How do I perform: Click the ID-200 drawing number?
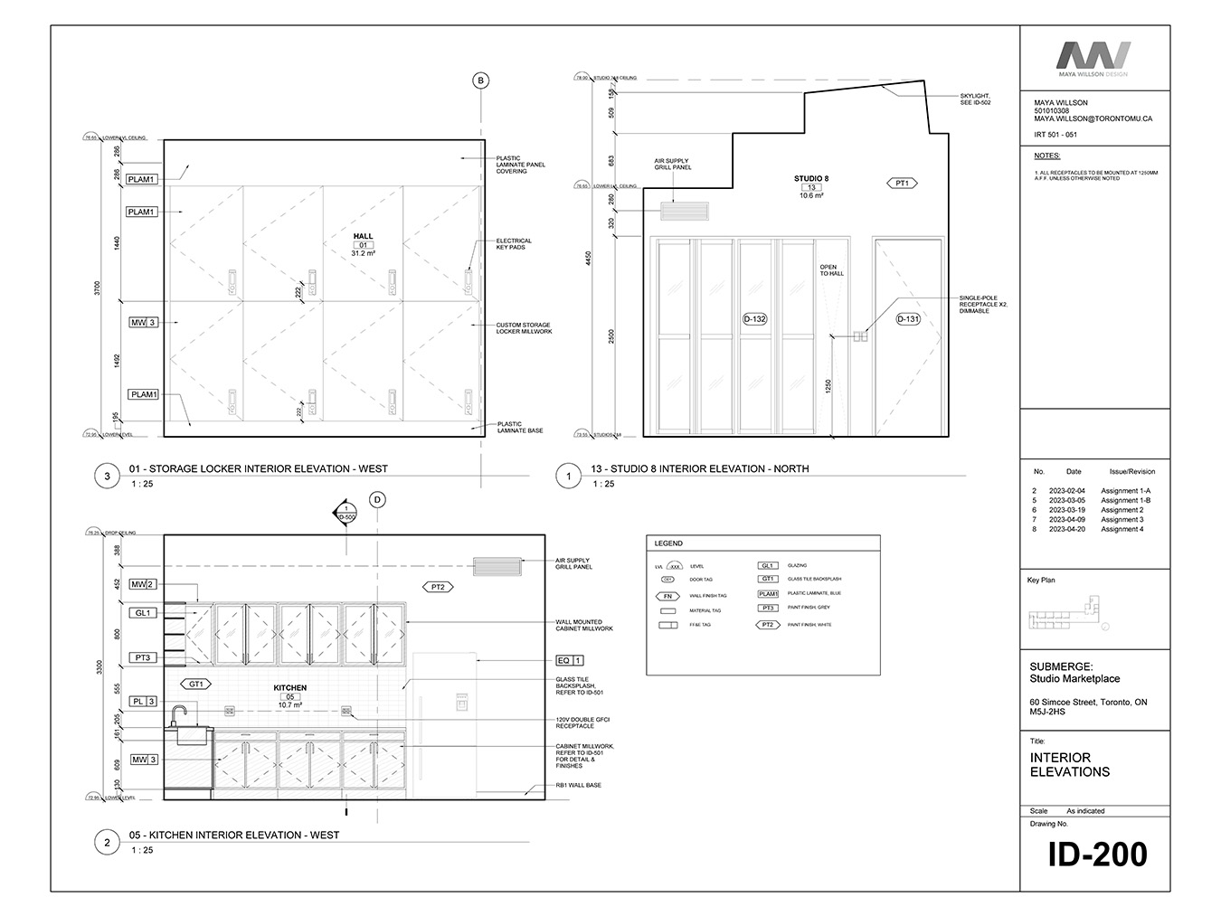coord(1097,855)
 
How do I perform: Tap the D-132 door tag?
coord(754,319)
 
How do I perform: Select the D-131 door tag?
coord(907,319)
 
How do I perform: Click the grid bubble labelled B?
coord(481,81)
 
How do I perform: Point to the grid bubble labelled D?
coord(378,499)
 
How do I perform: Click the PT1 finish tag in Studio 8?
coord(902,184)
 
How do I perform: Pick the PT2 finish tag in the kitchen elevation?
coord(439,587)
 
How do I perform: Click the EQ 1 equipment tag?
coord(570,661)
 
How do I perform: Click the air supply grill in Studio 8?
coord(685,212)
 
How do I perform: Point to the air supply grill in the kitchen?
coord(497,566)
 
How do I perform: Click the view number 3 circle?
coord(108,476)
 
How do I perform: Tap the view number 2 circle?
coord(108,843)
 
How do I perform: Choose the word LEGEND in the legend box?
coord(668,543)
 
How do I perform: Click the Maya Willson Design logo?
coord(1094,60)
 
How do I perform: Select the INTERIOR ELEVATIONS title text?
coord(1069,765)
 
